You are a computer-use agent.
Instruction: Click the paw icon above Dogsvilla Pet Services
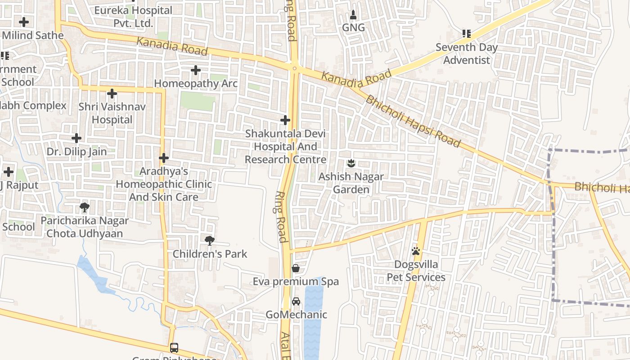[416, 251]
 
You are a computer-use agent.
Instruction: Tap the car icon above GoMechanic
[296, 301]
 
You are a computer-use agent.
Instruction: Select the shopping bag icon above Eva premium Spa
[296, 268]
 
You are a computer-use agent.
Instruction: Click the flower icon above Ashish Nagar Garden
[351, 163]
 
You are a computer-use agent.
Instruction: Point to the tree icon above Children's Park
[209, 241]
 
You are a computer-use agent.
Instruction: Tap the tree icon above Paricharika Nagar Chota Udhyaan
[84, 207]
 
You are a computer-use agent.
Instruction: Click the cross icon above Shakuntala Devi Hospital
[285, 120]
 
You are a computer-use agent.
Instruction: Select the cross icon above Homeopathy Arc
[195, 70]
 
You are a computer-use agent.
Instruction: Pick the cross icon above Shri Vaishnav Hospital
[112, 94]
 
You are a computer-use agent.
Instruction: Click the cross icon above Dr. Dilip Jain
[76, 138]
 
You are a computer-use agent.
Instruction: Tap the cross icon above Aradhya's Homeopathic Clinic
[163, 158]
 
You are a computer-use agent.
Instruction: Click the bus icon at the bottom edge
[174, 348]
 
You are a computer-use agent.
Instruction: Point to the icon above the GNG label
[353, 15]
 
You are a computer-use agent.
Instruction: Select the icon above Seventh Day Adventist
[466, 34]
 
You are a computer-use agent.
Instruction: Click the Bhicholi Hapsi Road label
[413, 121]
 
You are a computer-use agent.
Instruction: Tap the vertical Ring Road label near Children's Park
[281, 217]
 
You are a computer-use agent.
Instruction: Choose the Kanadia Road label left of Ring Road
[172, 47]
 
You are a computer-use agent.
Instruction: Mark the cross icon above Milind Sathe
[23, 22]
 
